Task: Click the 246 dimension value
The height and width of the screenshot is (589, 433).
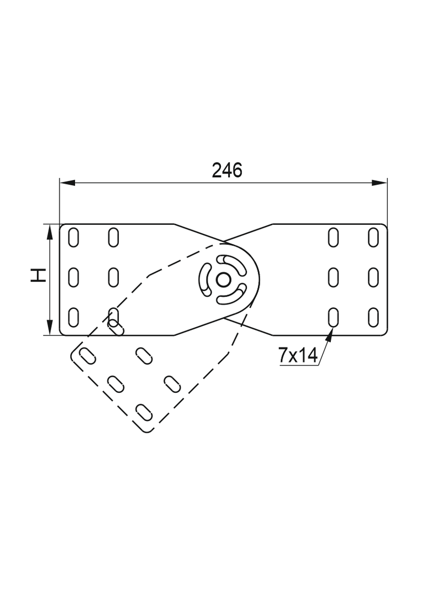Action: click(x=227, y=171)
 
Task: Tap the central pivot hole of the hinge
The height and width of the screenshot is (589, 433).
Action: click(x=223, y=280)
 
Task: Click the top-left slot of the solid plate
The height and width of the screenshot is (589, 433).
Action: click(x=73, y=237)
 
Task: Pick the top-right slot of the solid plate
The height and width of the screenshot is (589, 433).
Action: click(x=373, y=237)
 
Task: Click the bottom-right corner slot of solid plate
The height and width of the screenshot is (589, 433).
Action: click(x=373, y=317)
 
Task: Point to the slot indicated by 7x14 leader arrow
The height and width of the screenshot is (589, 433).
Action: click(x=334, y=317)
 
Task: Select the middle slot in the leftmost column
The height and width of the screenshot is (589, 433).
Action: click(x=73, y=277)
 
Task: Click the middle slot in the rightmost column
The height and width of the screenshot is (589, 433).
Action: click(x=373, y=277)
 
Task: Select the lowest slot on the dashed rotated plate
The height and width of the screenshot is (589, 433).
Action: click(x=144, y=412)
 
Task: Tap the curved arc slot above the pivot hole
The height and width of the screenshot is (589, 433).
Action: click(x=232, y=263)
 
